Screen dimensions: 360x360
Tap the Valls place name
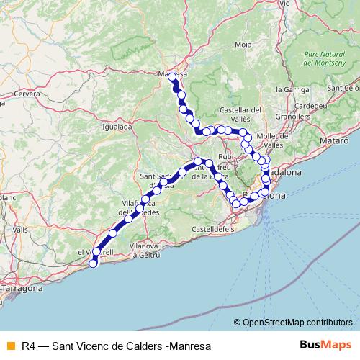(19, 229)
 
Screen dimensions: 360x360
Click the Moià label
(243, 45)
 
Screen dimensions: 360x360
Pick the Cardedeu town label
(312, 105)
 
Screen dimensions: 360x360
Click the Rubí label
(226, 156)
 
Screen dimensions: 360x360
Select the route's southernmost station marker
(92, 264)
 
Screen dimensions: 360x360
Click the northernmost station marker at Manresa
(171, 76)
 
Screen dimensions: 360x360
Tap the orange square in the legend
(9, 344)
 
